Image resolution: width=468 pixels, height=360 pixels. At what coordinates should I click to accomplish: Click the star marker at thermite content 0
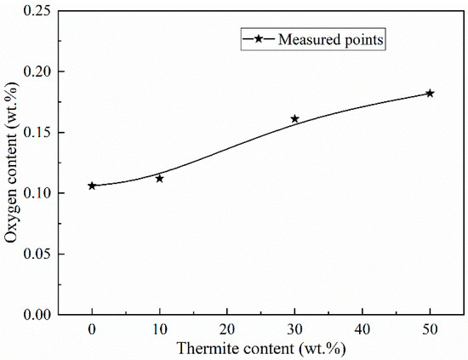(x=92, y=186)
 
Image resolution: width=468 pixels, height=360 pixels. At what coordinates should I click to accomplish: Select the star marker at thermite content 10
(x=159, y=179)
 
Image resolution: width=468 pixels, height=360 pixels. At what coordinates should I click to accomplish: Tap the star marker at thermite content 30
(x=294, y=119)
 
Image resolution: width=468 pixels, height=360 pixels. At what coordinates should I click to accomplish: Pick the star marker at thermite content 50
(x=430, y=94)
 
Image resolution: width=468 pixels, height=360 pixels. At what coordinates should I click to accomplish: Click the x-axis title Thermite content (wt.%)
(x=260, y=347)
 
